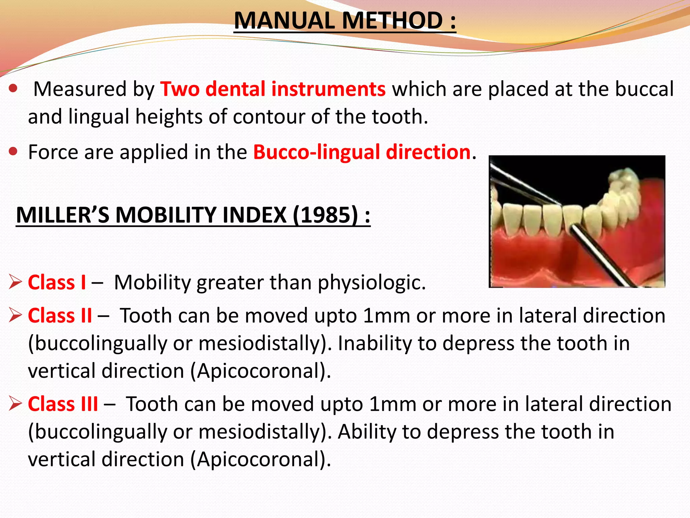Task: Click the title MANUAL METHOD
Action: click(x=344, y=21)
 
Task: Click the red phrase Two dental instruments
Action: click(x=273, y=89)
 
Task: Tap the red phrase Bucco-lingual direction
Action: click(x=362, y=152)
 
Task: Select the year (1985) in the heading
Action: click(x=325, y=215)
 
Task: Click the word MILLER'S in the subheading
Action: click(x=63, y=215)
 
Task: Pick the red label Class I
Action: click(x=57, y=282)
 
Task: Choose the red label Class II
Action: click(x=60, y=316)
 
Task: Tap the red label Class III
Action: click(x=63, y=404)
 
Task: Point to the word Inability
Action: click(x=375, y=343)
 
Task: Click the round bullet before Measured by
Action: click(x=13, y=89)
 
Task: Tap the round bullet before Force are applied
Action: click(x=13, y=152)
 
